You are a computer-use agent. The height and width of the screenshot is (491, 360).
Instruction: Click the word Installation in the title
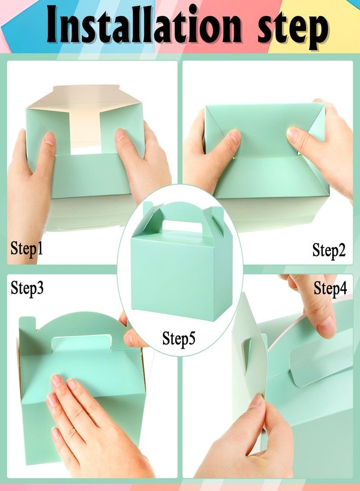(145, 25)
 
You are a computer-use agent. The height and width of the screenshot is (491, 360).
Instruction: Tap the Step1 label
(27, 249)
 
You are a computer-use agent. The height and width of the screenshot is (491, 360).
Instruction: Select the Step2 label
(329, 250)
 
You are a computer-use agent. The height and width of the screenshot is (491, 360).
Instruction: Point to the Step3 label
(27, 288)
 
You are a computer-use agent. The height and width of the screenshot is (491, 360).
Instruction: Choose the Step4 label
(331, 289)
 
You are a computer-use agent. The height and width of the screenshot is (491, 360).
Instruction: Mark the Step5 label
(179, 338)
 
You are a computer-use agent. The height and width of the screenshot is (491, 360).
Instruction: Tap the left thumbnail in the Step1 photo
(49, 139)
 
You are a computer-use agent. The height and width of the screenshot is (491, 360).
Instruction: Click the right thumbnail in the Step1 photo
(121, 135)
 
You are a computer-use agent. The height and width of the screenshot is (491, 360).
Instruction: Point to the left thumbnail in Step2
(236, 136)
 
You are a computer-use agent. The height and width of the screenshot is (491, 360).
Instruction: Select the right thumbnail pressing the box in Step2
(293, 134)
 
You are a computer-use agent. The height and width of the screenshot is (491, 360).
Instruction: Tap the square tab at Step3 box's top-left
(27, 325)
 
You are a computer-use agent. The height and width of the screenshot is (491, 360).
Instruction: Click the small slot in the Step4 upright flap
(247, 349)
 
